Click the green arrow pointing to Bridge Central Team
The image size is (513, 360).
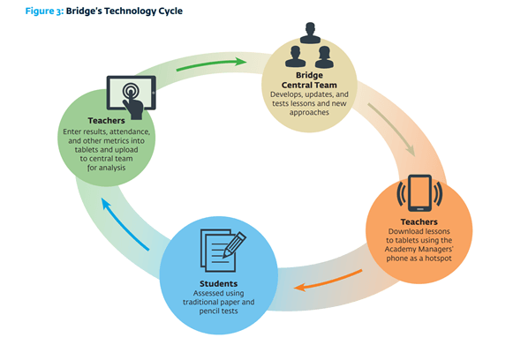211,64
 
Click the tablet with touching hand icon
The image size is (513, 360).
132,97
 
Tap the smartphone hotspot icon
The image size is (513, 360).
419,193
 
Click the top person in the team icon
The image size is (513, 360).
310,33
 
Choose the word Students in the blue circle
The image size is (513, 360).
219,284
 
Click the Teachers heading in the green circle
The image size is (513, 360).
106,121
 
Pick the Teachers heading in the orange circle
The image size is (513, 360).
419,222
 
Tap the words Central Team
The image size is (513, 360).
309,85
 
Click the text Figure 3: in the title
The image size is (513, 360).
44,11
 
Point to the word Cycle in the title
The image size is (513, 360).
170,11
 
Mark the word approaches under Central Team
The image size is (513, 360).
309,113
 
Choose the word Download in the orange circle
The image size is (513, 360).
402,231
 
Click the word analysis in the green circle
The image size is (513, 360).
112,168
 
